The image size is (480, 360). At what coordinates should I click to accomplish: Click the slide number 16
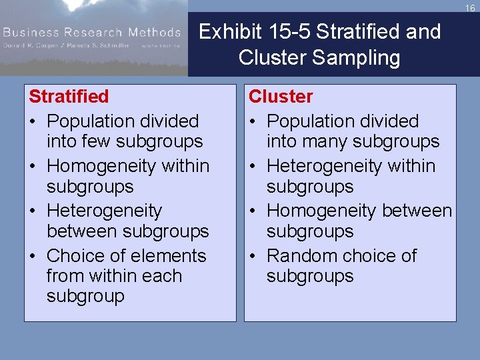470,8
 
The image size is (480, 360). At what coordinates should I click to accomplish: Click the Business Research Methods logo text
91,32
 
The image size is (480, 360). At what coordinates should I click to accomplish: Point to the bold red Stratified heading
69,97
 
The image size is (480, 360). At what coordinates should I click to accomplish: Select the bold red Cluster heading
280,97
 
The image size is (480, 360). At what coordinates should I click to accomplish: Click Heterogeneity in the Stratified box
104,211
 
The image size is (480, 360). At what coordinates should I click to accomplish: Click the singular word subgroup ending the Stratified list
85,296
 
